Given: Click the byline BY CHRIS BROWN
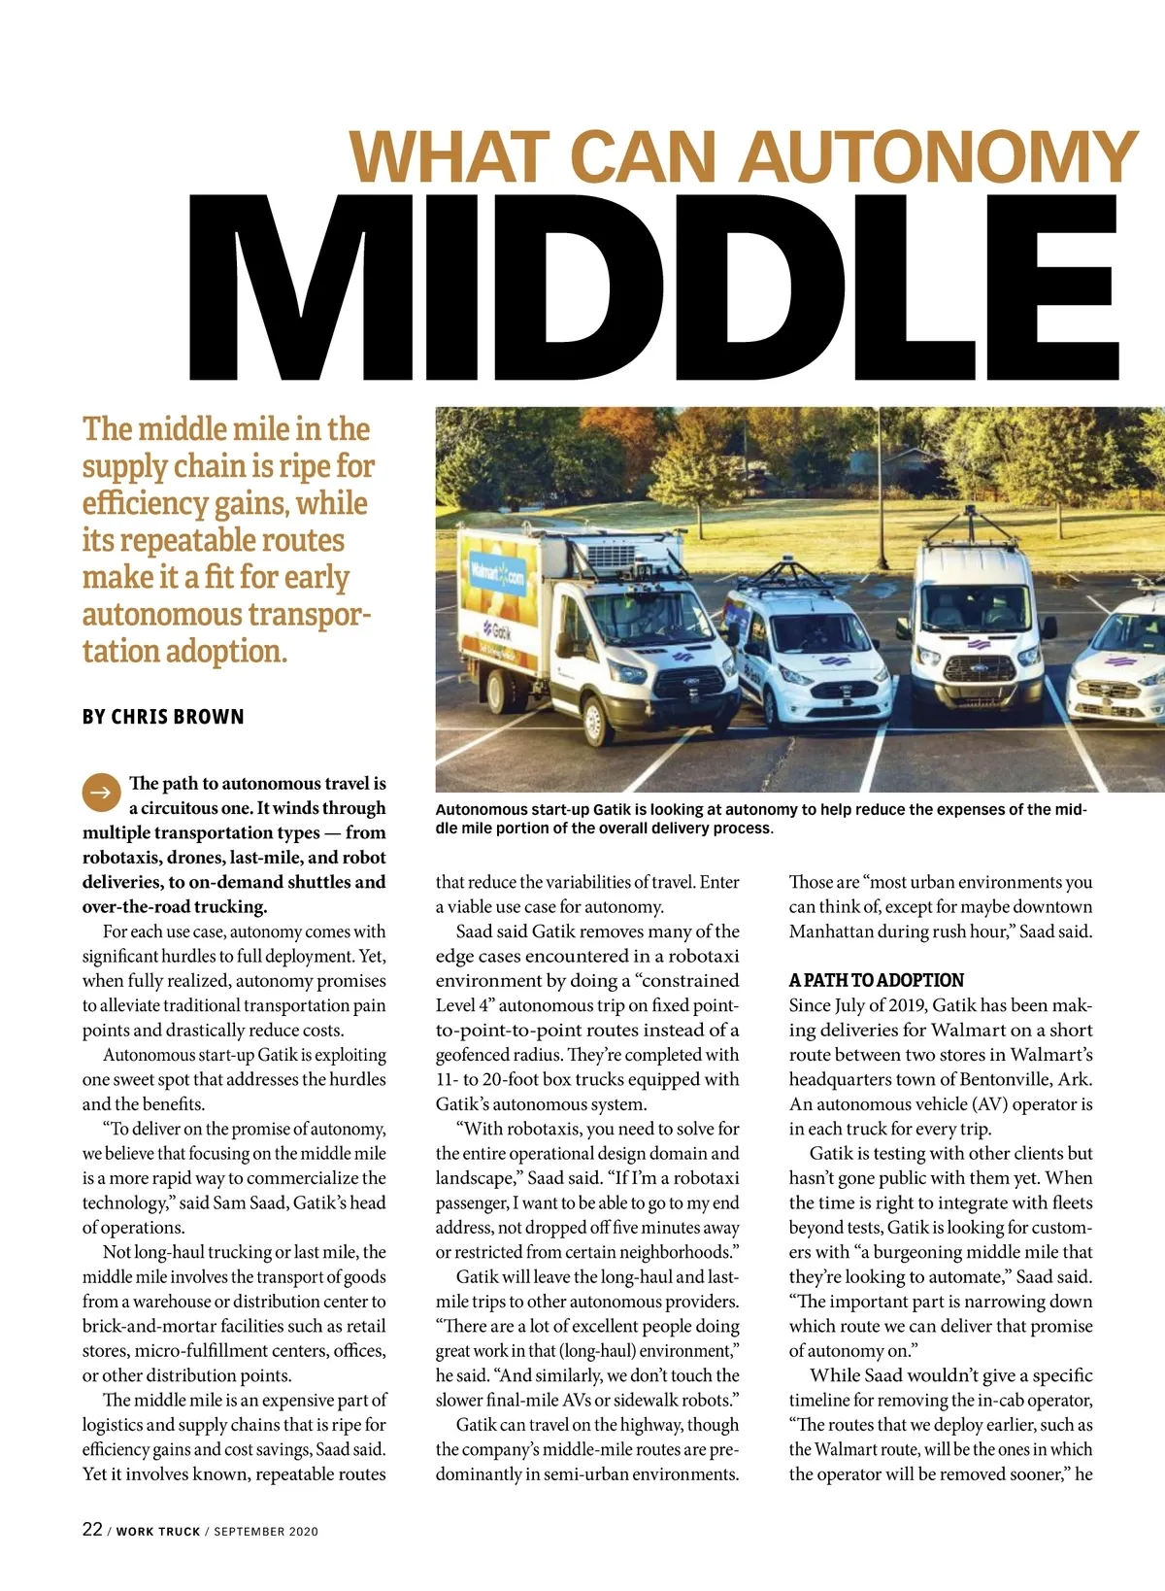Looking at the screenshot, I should coord(163,717).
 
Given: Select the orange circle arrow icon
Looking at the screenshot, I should coord(100,793).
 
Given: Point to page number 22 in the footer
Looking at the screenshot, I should coord(92,1529).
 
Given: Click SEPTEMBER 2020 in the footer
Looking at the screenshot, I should coord(266,1532).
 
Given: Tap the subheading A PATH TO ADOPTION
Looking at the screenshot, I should coord(876,980).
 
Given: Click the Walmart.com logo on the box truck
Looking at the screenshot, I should coord(497,575).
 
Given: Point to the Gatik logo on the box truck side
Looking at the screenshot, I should coord(503,630).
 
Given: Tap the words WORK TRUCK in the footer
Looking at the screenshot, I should coord(158,1532).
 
